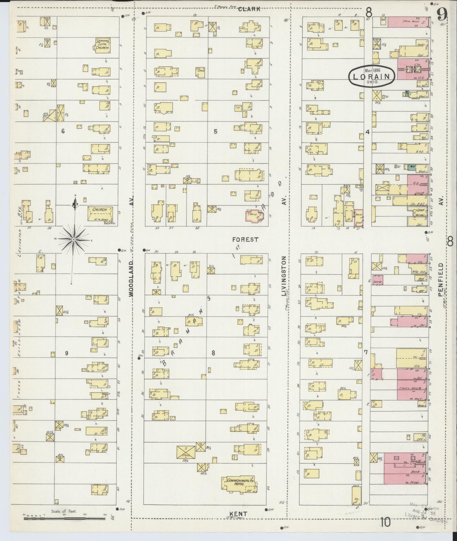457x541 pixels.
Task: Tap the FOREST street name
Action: [245, 239]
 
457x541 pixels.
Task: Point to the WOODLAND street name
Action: [132, 278]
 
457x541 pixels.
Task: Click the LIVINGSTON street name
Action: [284, 276]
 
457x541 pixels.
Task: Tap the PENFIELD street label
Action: [441, 280]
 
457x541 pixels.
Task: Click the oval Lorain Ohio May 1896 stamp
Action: [372, 76]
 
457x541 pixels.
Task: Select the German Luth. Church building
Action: [103, 46]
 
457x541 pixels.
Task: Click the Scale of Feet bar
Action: [65, 519]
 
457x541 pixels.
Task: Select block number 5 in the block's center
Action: [215, 131]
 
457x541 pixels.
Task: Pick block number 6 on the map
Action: [63, 131]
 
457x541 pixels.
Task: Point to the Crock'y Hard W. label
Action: [411, 389]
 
